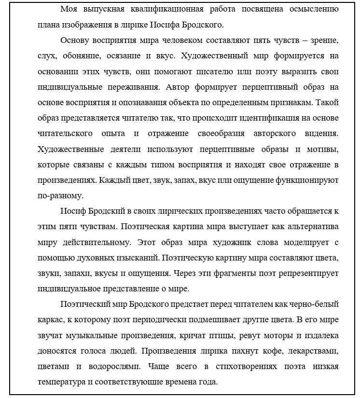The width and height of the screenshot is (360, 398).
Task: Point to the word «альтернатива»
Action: point(311,227)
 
